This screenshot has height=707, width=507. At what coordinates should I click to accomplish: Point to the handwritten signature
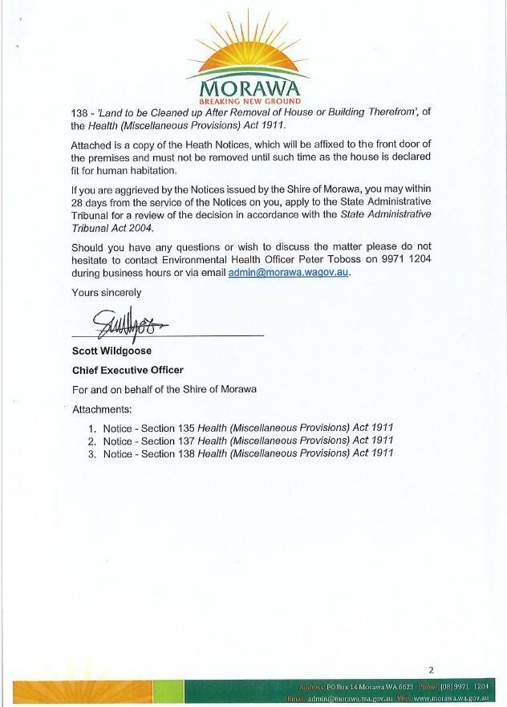(128, 323)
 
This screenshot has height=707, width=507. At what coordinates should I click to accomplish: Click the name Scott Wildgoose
(112, 351)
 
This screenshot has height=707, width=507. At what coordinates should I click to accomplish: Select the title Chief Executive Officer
(128, 370)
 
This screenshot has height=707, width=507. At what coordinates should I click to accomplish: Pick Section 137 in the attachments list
(167, 441)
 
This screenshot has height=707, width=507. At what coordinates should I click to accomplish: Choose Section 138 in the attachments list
(167, 453)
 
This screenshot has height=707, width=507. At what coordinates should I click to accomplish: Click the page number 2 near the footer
(431, 669)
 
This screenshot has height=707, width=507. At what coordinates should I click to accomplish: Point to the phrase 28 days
(91, 201)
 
